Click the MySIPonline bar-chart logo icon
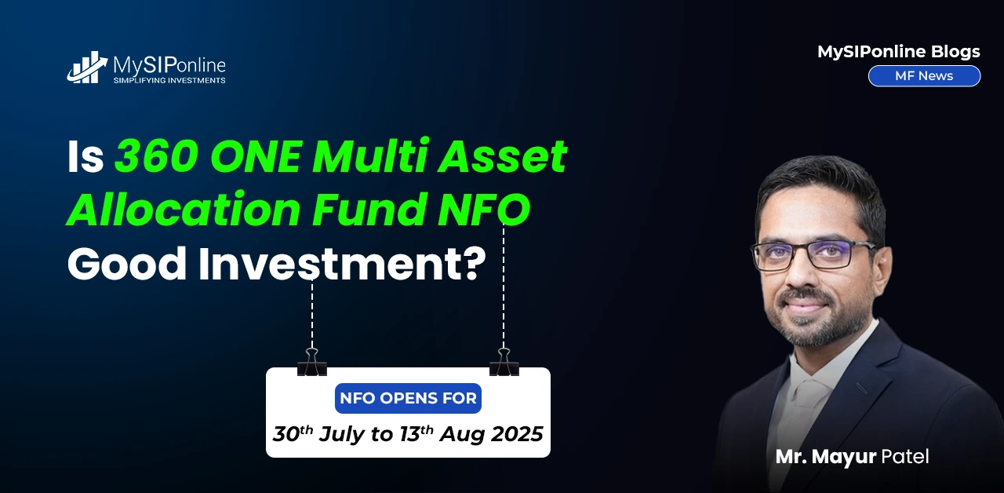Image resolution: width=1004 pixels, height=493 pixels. tap(87, 68)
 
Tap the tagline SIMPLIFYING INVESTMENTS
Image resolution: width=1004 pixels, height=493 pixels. tap(169, 80)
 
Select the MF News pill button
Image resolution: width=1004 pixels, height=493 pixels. tap(924, 76)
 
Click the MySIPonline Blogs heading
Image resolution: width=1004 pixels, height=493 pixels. tap(899, 52)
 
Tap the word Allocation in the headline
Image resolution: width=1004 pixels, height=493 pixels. tap(184, 209)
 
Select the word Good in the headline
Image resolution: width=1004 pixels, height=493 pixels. tap(127, 264)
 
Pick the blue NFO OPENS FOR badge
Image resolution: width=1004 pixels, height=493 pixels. tap(408, 398)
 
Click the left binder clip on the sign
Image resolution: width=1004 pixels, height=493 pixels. tap(312, 362)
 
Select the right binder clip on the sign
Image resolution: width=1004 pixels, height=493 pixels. tap(504, 362)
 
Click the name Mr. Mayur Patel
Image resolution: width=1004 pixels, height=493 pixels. tap(852, 457)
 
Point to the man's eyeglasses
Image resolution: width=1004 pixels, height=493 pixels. tap(813, 255)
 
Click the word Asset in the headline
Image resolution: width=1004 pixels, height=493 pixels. tap(503, 156)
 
